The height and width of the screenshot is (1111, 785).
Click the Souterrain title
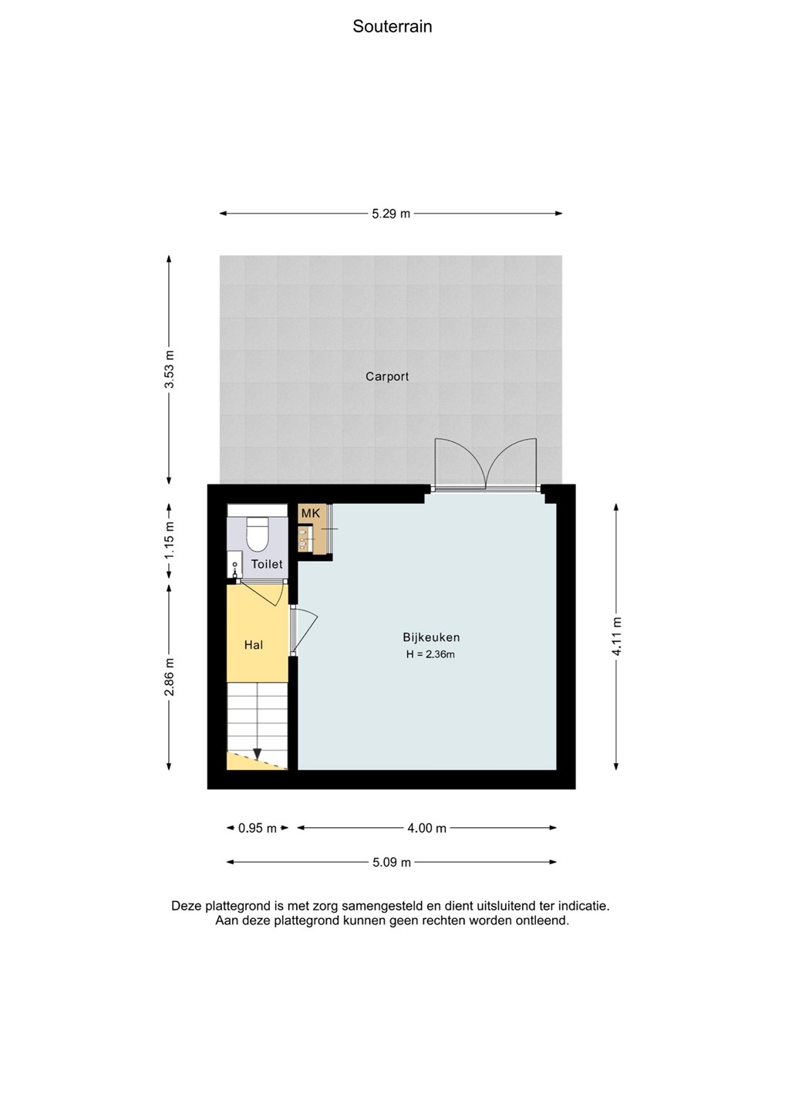[x=392, y=26]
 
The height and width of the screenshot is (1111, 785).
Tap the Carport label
[x=387, y=377]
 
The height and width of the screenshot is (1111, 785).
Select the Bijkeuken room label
[x=431, y=637]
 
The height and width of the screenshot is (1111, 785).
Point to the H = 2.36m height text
[x=430, y=654]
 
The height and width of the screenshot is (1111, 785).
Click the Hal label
[x=253, y=645]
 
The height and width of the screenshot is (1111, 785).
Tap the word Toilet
[x=267, y=564]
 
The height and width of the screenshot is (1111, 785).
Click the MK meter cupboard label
[x=311, y=513]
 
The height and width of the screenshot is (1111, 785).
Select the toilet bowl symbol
[x=257, y=534]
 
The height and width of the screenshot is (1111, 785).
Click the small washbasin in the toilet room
[x=234, y=565]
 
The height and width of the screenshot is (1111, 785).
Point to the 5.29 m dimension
[x=391, y=214]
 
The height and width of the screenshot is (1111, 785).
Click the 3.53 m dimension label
[x=170, y=369]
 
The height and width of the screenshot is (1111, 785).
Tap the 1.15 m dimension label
[x=170, y=540]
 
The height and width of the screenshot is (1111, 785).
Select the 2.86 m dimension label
[x=170, y=677]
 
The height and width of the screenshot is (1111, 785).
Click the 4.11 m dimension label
[x=616, y=637]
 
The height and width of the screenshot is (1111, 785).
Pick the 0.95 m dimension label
[x=258, y=828]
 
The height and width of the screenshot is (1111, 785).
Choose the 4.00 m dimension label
[x=426, y=828]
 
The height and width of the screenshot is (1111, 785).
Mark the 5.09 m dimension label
[x=392, y=862]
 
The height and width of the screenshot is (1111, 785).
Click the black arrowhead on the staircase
[x=258, y=753]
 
